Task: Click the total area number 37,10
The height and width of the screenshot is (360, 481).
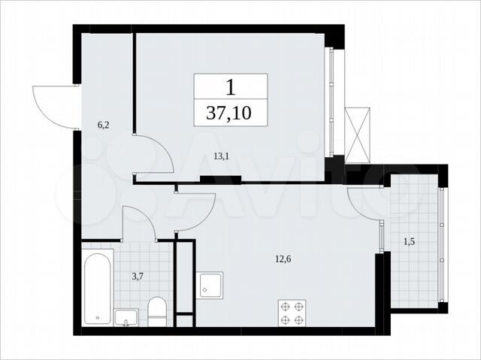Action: [x=228, y=113]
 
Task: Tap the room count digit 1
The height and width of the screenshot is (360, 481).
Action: [x=231, y=87]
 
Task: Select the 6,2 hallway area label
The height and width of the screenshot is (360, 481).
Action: [x=104, y=125]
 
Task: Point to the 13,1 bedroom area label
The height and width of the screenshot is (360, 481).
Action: [x=222, y=156]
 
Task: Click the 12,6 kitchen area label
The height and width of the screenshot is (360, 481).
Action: [x=283, y=259]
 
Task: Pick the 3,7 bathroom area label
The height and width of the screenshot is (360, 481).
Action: [x=138, y=277]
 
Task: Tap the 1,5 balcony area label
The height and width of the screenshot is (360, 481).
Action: [x=409, y=242]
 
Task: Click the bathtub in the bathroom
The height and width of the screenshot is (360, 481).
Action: [x=97, y=289]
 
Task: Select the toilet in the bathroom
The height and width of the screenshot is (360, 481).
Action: [x=157, y=312]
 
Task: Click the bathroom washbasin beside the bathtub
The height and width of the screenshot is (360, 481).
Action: [x=126, y=318]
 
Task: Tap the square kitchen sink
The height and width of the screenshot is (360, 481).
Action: [x=210, y=285]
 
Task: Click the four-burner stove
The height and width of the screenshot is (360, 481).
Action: [x=292, y=313]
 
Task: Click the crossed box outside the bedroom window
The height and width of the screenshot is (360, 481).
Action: [x=358, y=135]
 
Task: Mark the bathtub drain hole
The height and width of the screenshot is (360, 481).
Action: [x=98, y=318]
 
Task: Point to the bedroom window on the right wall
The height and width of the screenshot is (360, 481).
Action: [x=331, y=102]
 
